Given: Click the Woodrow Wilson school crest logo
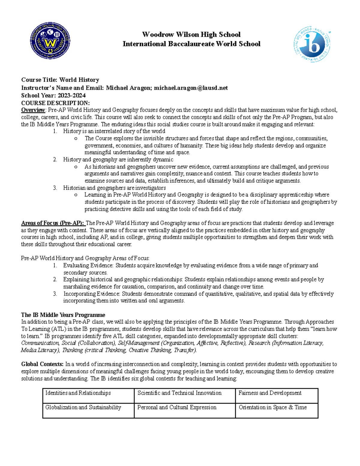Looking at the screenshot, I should [x=50, y=44].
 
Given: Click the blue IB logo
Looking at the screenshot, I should [x=312, y=44].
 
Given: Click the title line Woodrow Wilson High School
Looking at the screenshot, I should [x=191, y=35].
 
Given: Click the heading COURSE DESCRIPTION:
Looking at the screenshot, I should [x=55, y=103].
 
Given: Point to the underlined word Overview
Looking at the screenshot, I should [x=33, y=110].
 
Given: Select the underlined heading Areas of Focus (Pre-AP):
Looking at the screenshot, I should [x=53, y=223].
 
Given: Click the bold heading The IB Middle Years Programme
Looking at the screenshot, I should [x=63, y=315].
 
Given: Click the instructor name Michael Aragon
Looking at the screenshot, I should [x=129, y=88].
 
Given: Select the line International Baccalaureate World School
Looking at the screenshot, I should [x=191, y=44].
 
